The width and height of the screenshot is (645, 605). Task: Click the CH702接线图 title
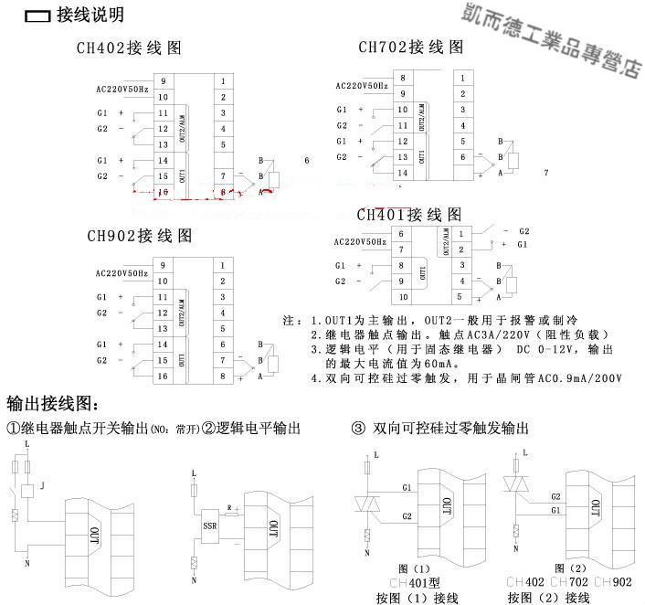410,47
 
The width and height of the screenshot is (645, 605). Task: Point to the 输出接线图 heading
52,403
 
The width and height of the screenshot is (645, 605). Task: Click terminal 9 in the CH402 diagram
164,81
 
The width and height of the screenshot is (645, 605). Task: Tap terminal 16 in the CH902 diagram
164,376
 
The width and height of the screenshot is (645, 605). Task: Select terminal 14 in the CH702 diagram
401,173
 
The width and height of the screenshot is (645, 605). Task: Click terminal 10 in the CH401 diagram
401,297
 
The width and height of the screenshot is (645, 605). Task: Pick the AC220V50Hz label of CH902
122,272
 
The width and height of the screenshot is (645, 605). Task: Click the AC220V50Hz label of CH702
363,86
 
